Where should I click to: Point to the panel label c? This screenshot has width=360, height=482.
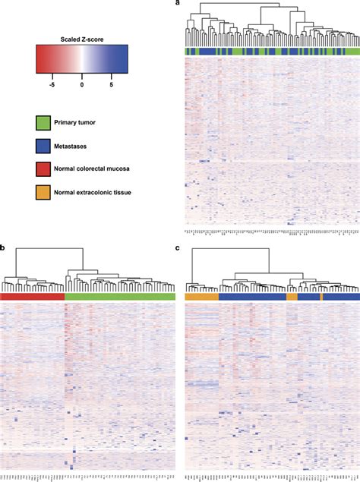tap(178, 247)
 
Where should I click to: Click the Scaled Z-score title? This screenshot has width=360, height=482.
tap(81, 37)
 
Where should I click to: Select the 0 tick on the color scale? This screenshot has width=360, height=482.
tap(82, 86)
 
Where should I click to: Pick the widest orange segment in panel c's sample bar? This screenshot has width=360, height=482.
tap(201, 298)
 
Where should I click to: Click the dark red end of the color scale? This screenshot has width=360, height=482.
tap(39, 60)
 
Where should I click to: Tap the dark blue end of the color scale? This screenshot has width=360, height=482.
tap(124, 60)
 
